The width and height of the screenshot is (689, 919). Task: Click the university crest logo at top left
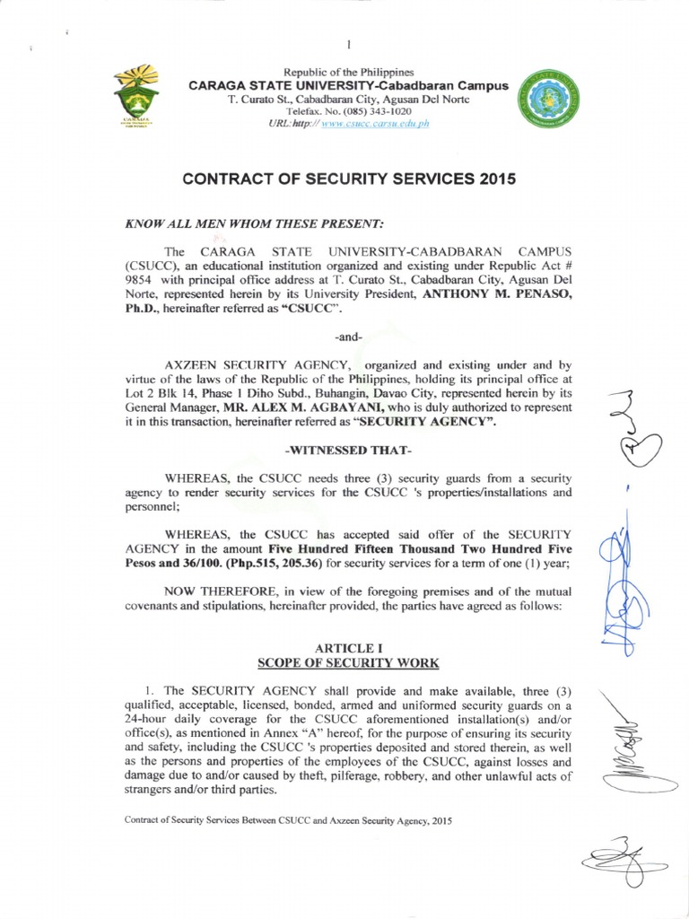(x=136, y=98)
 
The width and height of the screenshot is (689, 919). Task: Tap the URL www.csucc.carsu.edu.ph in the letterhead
(x=375, y=123)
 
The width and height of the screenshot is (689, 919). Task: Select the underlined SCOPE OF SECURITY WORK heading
(x=348, y=663)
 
